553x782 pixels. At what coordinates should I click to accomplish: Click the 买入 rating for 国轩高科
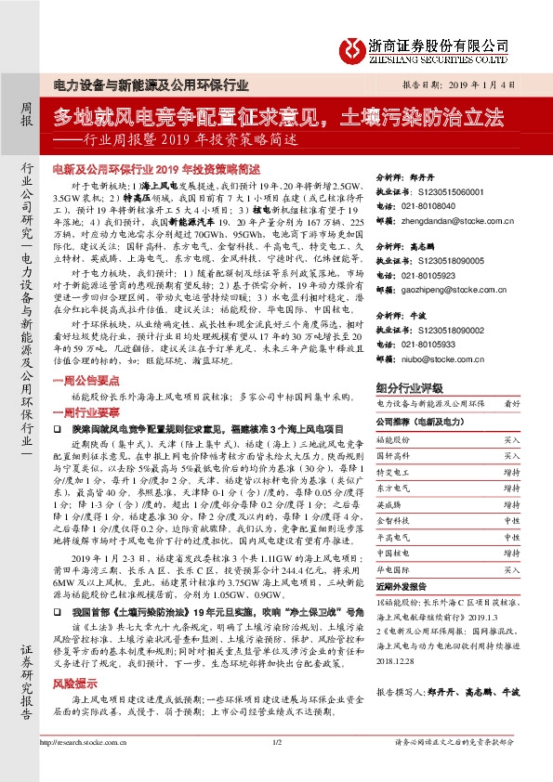(x=512, y=456)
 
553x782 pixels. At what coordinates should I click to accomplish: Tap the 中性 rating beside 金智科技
(x=512, y=521)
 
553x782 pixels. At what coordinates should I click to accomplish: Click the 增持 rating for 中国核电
(x=512, y=554)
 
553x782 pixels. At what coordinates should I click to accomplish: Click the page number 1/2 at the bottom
(x=276, y=768)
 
